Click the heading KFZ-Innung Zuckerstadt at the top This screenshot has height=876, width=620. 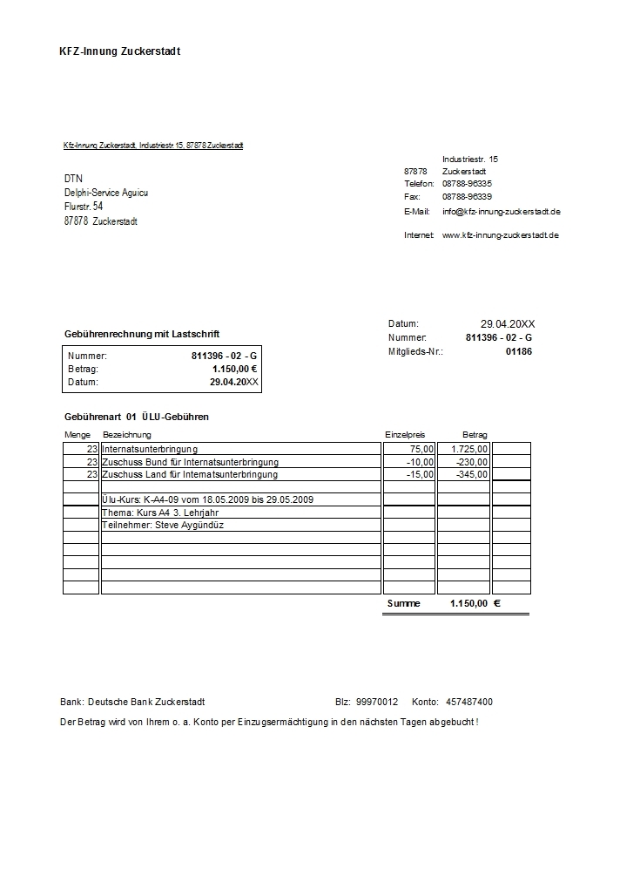pyautogui.click(x=119, y=51)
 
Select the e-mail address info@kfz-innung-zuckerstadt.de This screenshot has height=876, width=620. pyautogui.click(x=501, y=212)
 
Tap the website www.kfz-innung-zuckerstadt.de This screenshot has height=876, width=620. pyautogui.click(x=500, y=235)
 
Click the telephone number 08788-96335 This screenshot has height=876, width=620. pyautogui.click(x=467, y=184)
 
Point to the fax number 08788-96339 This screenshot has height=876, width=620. pyautogui.click(x=467, y=197)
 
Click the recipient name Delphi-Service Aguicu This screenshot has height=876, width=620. pyautogui.click(x=106, y=193)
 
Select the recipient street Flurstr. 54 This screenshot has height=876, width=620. pyautogui.click(x=84, y=207)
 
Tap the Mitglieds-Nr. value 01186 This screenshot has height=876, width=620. pyautogui.click(x=518, y=351)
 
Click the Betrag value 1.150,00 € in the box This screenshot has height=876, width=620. pyautogui.click(x=234, y=369)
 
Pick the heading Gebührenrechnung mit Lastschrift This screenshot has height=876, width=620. pyautogui.click(x=142, y=334)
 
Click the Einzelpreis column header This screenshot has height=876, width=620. pyautogui.click(x=405, y=434)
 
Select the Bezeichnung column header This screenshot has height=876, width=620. pyautogui.click(x=127, y=434)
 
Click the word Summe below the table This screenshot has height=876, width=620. pyautogui.click(x=403, y=603)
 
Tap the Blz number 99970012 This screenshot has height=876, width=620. pyautogui.click(x=377, y=702)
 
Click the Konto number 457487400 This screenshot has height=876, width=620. pyautogui.click(x=468, y=702)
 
